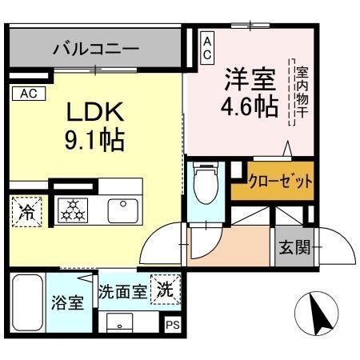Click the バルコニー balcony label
click(x=96, y=50)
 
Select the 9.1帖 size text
click(x=94, y=141)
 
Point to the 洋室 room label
click(x=250, y=80)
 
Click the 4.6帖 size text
click(x=250, y=106)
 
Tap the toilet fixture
click(x=206, y=186)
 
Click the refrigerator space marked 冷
click(x=27, y=213)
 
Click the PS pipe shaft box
click(x=173, y=325)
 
